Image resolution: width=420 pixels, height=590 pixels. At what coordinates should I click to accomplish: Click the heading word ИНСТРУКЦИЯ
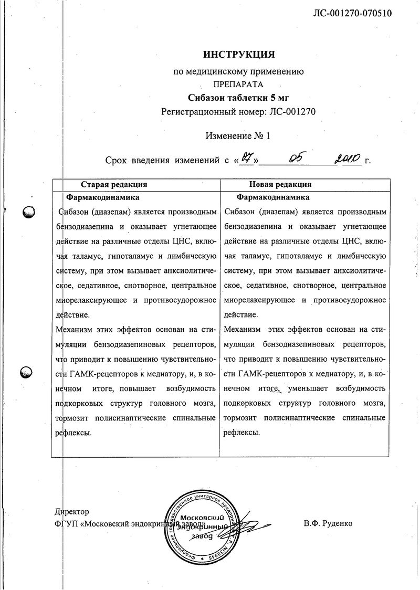(238, 54)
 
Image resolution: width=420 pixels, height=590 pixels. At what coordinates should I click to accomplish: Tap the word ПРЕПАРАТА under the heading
(238, 84)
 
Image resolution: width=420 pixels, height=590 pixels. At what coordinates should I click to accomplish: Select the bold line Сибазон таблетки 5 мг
(238, 98)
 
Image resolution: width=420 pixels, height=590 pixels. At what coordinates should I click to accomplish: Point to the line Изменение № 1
(238, 135)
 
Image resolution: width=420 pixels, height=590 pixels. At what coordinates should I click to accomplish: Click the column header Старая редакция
(113, 185)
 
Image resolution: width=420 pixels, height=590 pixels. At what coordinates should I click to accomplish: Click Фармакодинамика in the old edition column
(102, 198)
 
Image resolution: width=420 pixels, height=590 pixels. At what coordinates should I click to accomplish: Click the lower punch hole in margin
(27, 372)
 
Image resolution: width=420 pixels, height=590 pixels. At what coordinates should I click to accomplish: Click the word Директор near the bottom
(71, 512)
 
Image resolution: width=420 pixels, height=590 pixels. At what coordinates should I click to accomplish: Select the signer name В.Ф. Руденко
(328, 523)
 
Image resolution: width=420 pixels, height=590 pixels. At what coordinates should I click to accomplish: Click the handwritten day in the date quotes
(246, 159)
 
